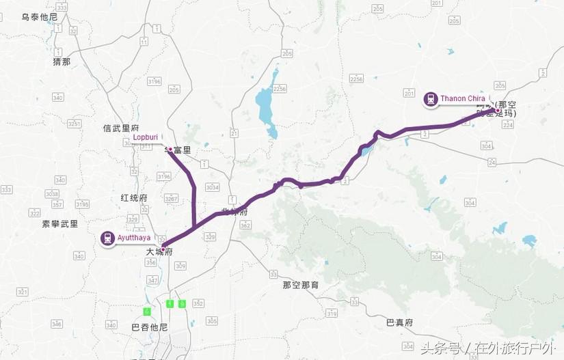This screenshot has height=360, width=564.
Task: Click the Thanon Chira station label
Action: click(463, 99)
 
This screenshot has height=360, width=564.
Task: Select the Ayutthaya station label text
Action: click(133, 238)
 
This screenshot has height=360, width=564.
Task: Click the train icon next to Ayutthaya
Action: click(107, 238)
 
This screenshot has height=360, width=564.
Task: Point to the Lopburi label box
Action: click(145, 137)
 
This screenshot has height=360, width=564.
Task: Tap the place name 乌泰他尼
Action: click(39, 16)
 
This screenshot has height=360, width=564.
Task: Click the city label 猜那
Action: click(62, 61)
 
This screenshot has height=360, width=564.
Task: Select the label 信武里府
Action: click(121, 128)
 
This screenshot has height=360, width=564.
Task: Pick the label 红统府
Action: click(133, 197)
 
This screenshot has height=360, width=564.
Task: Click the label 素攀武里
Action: click(60, 223)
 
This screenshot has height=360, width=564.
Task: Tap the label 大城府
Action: click(159, 252)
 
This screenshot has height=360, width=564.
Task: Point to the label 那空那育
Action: click(301, 285)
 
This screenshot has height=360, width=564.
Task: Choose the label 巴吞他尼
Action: click(149, 327)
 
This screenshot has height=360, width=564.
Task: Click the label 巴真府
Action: click(400, 322)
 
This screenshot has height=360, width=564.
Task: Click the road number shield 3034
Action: click(213, 186)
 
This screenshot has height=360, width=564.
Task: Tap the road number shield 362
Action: click(244, 224)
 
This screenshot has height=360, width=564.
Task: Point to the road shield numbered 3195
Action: click(82, 204)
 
